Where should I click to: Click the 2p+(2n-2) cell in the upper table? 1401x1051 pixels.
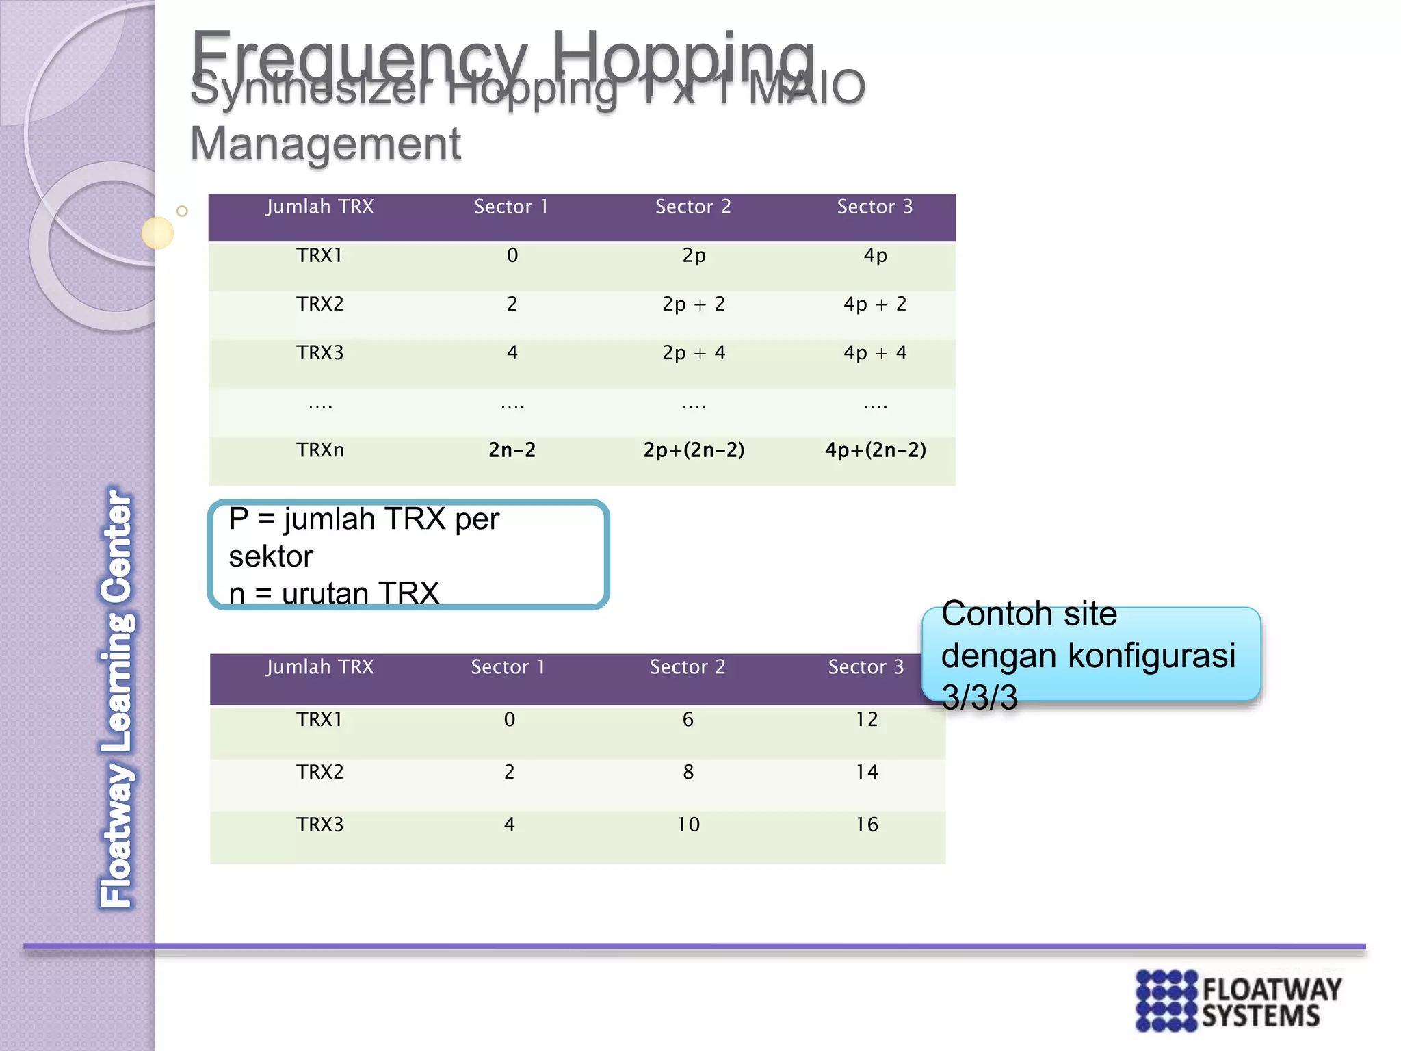click(694, 450)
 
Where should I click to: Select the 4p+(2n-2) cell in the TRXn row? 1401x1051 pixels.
click(875, 450)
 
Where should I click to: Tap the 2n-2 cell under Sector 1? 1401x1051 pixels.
click(512, 450)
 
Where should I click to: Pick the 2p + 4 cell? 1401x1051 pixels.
click(694, 353)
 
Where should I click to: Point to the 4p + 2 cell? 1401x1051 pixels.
click(875, 304)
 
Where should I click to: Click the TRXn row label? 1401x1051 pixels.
click(319, 450)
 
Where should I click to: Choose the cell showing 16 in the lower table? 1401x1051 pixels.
click(867, 825)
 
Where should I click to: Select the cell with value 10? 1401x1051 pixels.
click(688, 825)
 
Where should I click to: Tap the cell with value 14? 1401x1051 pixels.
click(867, 772)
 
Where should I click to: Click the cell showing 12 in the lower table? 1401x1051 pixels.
click(867, 720)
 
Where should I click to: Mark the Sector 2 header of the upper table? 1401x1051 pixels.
click(693, 207)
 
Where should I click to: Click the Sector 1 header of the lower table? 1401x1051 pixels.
click(508, 667)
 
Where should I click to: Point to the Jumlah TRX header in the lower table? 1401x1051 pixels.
click(319, 667)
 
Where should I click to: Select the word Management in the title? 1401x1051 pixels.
click(326, 144)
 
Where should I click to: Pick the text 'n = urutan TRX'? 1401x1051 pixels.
click(334, 593)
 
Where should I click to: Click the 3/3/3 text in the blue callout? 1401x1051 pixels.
click(980, 697)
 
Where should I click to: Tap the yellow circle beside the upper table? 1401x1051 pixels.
click(157, 233)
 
